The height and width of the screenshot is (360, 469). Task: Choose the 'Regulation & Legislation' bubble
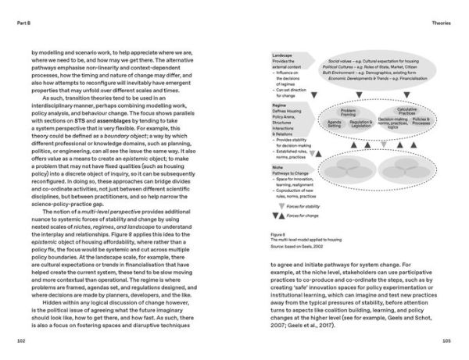(360, 123)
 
